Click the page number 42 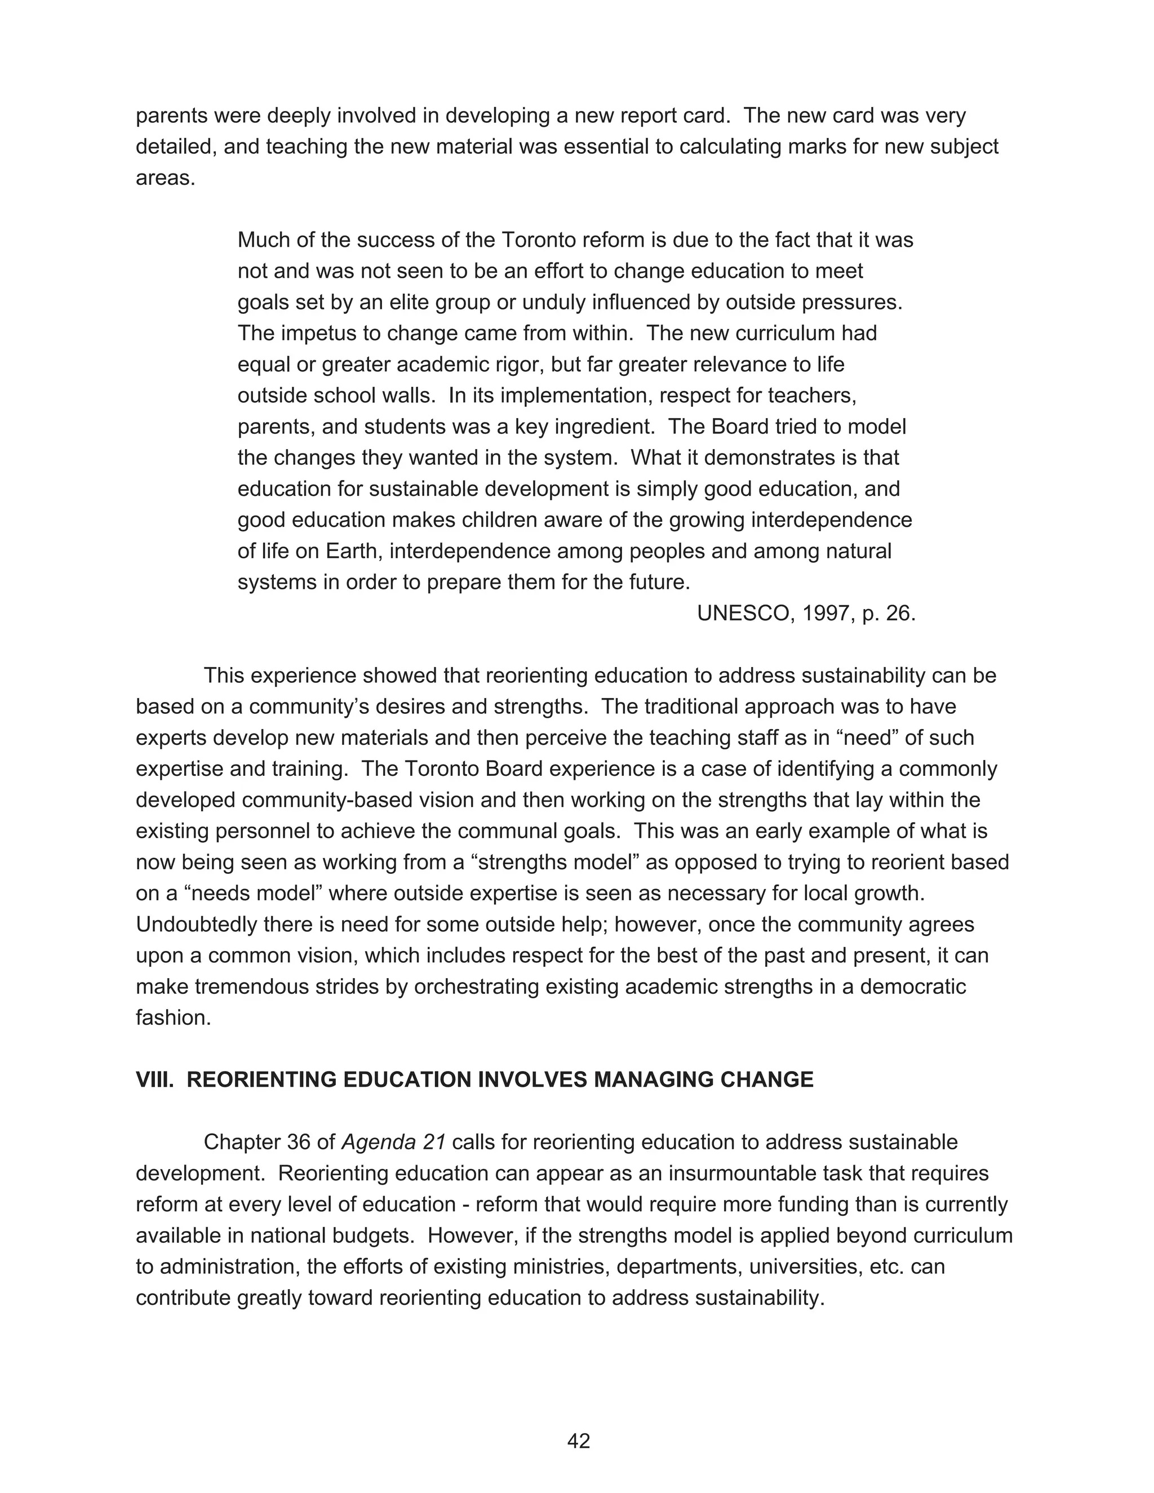point(578,1441)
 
